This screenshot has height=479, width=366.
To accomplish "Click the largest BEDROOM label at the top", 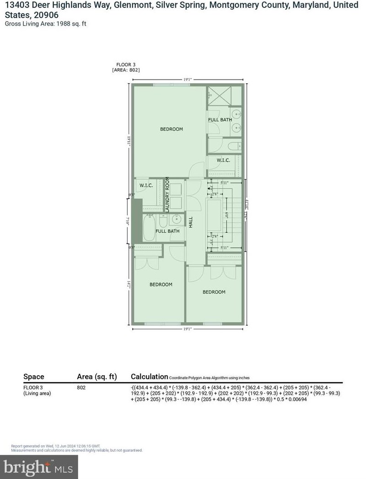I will [171, 129].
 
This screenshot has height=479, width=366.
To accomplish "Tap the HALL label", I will [191, 222].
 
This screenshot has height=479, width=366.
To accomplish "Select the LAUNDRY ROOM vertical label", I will [167, 194].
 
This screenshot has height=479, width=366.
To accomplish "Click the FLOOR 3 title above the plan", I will [126, 65].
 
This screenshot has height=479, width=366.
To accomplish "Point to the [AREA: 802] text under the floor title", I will [126, 70].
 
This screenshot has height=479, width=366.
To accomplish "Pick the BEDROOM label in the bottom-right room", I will [214, 292].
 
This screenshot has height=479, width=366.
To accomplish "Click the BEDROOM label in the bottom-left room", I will [161, 285].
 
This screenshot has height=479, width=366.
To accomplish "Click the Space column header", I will [34, 377].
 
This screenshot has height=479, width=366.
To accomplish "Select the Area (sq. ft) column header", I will [97, 377].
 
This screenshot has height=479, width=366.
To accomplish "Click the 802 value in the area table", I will [81, 387].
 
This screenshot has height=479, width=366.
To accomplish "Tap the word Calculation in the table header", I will [150, 377].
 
